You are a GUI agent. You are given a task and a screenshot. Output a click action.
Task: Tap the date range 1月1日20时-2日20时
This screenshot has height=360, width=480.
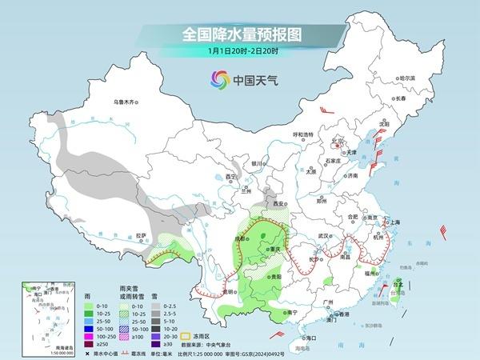(239, 51)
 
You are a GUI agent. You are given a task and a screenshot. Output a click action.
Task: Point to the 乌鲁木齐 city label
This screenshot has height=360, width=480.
(126, 102)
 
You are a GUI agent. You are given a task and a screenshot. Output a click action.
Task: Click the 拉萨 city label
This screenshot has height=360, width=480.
(142, 235)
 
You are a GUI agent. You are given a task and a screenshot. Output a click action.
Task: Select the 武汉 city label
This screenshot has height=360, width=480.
(323, 236)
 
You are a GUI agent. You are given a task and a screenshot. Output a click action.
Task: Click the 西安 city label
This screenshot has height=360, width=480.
(279, 205)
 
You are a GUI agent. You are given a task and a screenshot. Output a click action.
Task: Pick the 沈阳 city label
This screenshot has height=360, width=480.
(384, 124)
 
